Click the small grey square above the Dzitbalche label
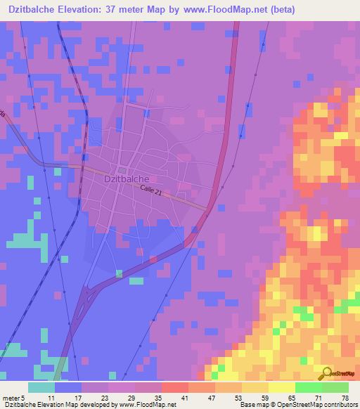point(122,169)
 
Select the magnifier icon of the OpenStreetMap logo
point(326,372)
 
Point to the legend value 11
point(51,397)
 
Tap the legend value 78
point(345,397)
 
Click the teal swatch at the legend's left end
point(41,387)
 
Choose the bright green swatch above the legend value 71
point(308,387)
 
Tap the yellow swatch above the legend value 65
point(281,387)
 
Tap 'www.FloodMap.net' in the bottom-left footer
point(137,405)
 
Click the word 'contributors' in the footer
point(339,405)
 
